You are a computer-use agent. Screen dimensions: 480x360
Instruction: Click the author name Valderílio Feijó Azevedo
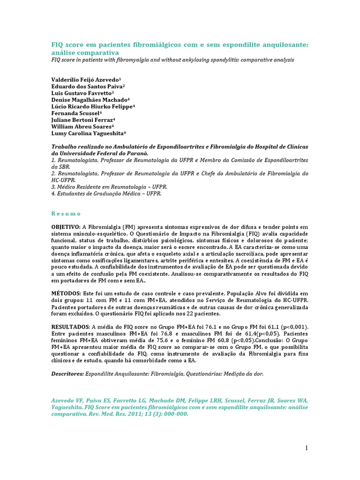(85, 80)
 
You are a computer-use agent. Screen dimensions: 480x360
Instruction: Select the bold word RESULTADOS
(70, 326)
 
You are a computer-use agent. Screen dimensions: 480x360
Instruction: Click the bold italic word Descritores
(67, 374)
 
